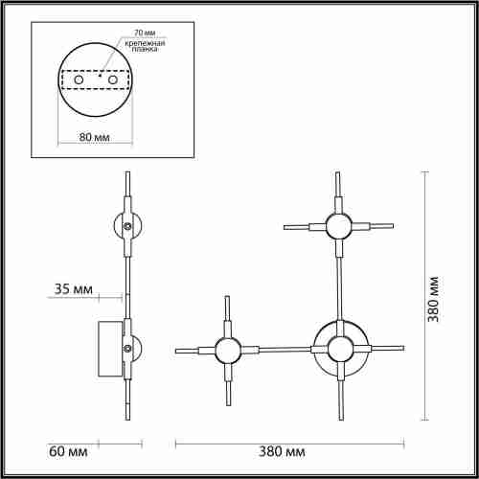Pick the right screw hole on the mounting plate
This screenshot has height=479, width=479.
coord(114,82)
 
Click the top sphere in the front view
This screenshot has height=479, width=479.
coord(337,227)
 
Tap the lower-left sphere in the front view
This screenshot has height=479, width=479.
coord(227,351)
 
